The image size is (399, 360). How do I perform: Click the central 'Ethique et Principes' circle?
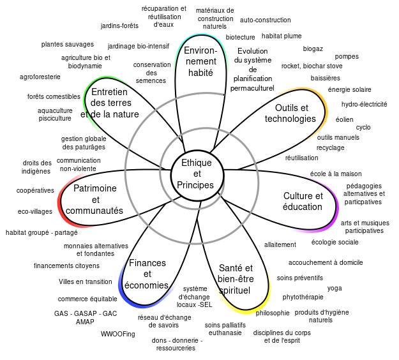tap(197, 176)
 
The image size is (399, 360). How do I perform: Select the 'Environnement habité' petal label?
tap(200, 61)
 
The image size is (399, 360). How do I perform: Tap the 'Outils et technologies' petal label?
tap(290, 113)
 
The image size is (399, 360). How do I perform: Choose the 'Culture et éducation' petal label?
tap(303, 201)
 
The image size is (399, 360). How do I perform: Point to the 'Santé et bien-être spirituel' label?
tap(236, 279)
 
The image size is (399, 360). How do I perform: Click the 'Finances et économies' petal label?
tap(147, 274)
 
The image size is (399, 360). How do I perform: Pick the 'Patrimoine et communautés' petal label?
tap(94, 199)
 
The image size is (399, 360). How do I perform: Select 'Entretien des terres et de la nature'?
tap(110, 103)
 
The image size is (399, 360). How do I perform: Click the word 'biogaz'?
tap(313, 49)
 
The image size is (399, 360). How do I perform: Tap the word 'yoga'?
tap(335, 289)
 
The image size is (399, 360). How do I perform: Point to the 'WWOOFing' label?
tap(118, 334)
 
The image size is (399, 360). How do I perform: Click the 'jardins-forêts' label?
tap(119, 26)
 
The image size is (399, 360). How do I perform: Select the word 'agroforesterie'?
tap(40, 77)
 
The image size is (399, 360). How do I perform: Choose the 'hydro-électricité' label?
tap(364, 104)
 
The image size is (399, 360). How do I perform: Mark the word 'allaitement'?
tap(280, 244)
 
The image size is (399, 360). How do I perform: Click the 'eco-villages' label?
tap(35, 211)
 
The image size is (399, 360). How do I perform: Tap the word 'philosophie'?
tap(273, 313)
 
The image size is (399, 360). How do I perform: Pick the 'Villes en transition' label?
tap(86, 281)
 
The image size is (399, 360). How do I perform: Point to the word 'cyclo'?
tap(363, 127)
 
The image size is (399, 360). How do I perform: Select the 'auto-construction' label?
tap(265, 20)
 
